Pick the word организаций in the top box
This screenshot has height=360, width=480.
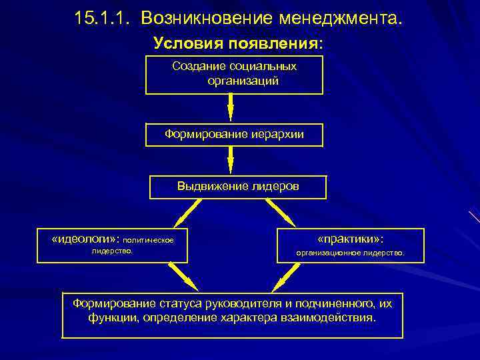(243, 81)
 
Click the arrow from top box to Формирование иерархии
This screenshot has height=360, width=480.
(231, 108)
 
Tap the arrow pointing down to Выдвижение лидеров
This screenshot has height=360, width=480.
(231, 161)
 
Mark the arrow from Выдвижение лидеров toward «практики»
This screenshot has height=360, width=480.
(281, 213)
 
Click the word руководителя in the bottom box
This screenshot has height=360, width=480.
(258, 303)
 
